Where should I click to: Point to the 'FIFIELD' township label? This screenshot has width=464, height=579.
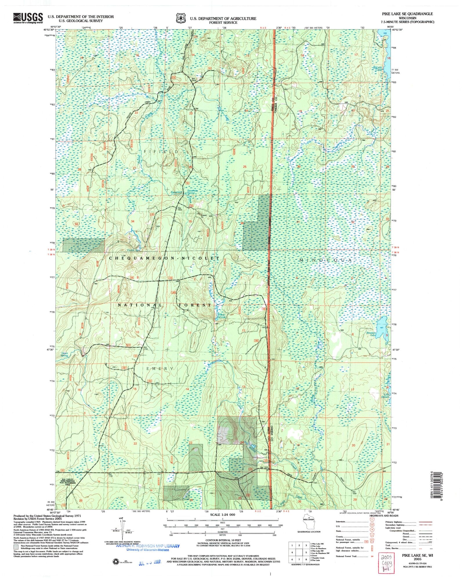161,151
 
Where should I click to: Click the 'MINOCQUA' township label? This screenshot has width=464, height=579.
326,260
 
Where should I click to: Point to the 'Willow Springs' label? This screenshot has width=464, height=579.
222,316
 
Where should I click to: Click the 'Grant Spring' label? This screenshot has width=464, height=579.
64,354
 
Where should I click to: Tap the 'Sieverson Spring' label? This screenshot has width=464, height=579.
192,192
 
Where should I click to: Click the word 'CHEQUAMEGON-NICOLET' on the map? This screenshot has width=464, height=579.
164,258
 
